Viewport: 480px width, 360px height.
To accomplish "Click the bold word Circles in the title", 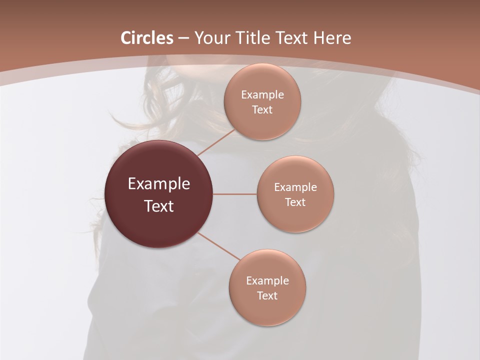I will [x=147, y=38].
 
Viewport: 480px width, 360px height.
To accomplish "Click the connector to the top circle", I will [x=216, y=142].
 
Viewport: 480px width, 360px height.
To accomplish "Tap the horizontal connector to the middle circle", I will [x=235, y=194].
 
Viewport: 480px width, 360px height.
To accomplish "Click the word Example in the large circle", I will [x=159, y=184].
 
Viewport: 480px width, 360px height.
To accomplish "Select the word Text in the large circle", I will [x=159, y=206].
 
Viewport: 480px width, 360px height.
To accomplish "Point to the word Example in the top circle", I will [x=262, y=95].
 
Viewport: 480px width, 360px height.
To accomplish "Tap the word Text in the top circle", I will [x=262, y=110].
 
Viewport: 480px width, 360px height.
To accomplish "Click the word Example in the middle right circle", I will [x=295, y=187].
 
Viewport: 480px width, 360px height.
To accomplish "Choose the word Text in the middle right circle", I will [x=295, y=202].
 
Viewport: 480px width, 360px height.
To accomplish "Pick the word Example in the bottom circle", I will [x=267, y=281].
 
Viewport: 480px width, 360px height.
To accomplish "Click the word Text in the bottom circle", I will [x=267, y=296].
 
